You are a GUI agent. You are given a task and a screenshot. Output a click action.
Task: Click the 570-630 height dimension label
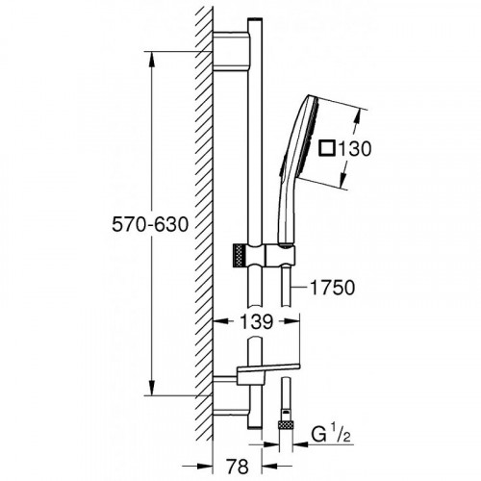click(150, 224)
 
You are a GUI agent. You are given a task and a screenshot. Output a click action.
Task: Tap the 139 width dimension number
click(257, 321)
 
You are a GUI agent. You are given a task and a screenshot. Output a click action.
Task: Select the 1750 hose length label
click(333, 288)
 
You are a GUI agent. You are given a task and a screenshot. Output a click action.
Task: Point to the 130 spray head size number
click(355, 149)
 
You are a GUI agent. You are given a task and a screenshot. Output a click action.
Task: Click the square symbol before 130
click(327, 149)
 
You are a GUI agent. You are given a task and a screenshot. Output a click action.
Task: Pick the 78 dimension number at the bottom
click(238, 466)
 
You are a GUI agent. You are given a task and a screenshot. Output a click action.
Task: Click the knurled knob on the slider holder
click(240, 254)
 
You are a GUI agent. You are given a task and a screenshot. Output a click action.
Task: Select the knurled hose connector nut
click(286, 425)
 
